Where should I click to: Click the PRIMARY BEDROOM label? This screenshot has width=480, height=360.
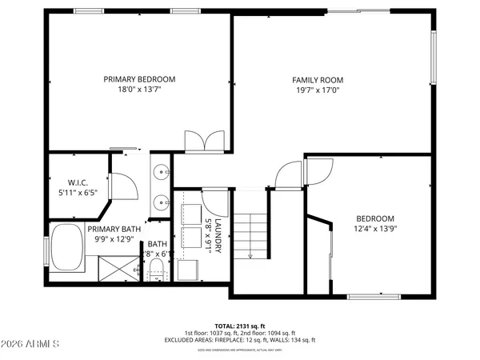point(139,79)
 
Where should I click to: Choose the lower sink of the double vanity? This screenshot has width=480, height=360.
point(162,202)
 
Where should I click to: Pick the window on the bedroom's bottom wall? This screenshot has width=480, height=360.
point(372,297)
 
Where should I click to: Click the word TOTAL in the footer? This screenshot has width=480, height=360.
point(225,326)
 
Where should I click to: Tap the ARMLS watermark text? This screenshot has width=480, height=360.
point(32,345)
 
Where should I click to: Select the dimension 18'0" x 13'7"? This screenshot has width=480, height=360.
point(139,90)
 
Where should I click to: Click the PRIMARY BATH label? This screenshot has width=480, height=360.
point(114,228)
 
